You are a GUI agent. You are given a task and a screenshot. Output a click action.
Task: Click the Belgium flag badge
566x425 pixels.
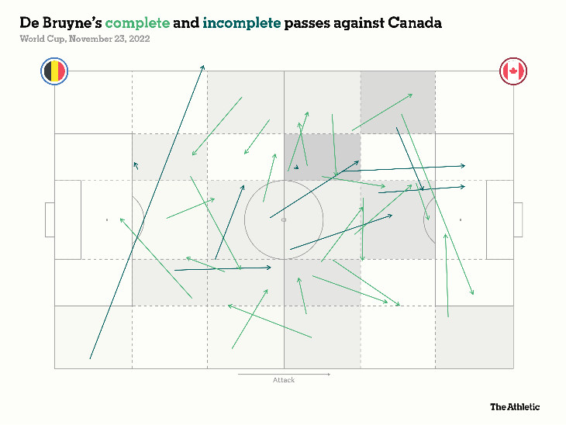[x=54, y=72]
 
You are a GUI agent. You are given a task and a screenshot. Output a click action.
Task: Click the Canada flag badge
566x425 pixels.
[x=513, y=72]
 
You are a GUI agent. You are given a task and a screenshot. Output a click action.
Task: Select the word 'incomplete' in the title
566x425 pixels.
[x=241, y=23]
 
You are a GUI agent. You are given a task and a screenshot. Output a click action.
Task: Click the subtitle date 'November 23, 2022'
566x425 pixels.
[x=109, y=39]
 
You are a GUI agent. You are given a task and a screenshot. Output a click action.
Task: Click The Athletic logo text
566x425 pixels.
[x=514, y=406]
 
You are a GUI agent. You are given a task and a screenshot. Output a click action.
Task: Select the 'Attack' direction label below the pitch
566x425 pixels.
[x=284, y=380]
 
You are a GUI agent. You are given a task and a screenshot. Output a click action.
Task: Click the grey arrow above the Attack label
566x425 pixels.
[x=284, y=374]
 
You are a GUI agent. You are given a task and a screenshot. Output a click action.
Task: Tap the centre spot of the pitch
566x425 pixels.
[x=284, y=220]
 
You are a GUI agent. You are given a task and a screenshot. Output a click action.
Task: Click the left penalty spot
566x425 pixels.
[x=107, y=220]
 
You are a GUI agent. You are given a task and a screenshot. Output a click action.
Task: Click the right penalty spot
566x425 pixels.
[x=461, y=220]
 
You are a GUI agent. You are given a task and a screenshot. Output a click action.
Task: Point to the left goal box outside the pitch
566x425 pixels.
[x=50, y=220]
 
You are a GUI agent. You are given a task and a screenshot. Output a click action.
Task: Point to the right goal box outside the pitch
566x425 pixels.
[x=518, y=220]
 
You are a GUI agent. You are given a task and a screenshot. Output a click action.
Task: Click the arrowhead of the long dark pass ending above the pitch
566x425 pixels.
[x=203, y=67]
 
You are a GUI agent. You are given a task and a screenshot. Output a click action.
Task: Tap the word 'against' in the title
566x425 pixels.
[x=361, y=23]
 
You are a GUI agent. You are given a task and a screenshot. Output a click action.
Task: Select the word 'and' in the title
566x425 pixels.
[x=186, y=23]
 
